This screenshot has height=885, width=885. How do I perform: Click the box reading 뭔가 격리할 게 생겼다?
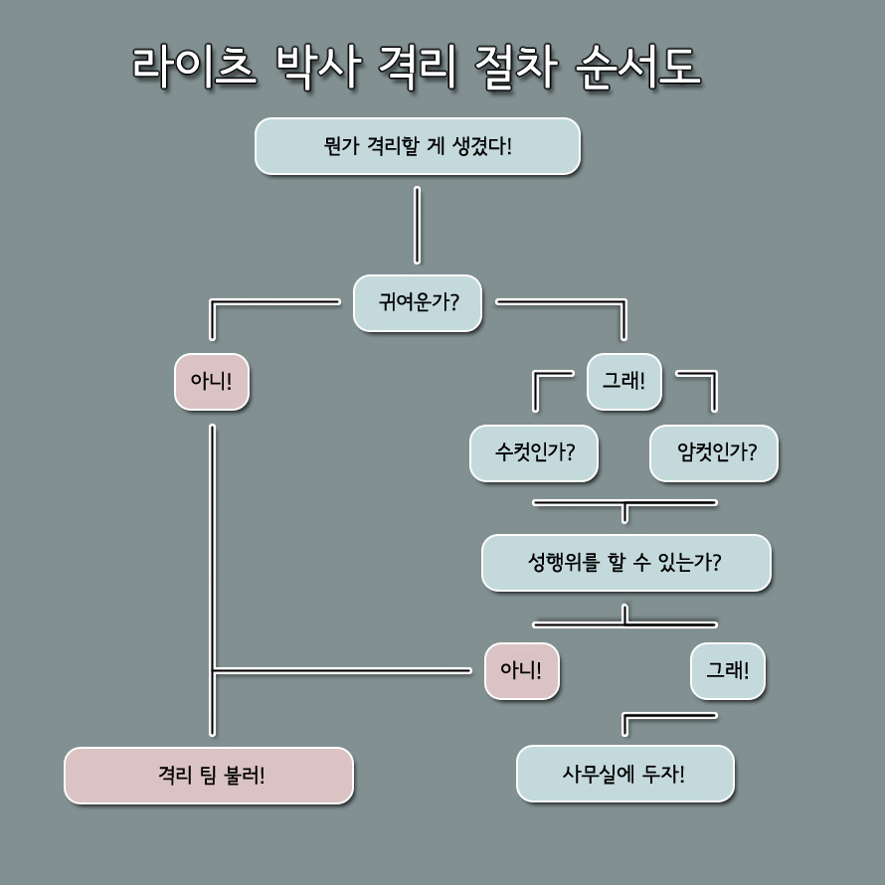point(418,146)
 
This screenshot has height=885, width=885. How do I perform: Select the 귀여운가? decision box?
point(418,302)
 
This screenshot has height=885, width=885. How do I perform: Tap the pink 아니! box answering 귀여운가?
point(212,382)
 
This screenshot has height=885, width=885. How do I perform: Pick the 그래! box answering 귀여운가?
point(624,382)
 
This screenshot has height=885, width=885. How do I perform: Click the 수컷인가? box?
point(535,453)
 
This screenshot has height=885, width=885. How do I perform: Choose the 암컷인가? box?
point(714,453)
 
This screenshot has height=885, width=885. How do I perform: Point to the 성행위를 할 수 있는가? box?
point(625,563)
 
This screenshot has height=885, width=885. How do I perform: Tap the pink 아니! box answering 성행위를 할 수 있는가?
point(522,671)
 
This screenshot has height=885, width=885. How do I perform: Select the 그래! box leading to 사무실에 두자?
point(728,671)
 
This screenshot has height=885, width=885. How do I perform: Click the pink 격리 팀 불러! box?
point(209,775)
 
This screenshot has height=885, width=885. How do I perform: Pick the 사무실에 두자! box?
point(625,773)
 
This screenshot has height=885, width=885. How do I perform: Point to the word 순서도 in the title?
point(637,68)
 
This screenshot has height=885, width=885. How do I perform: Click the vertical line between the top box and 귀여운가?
point(417,225)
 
